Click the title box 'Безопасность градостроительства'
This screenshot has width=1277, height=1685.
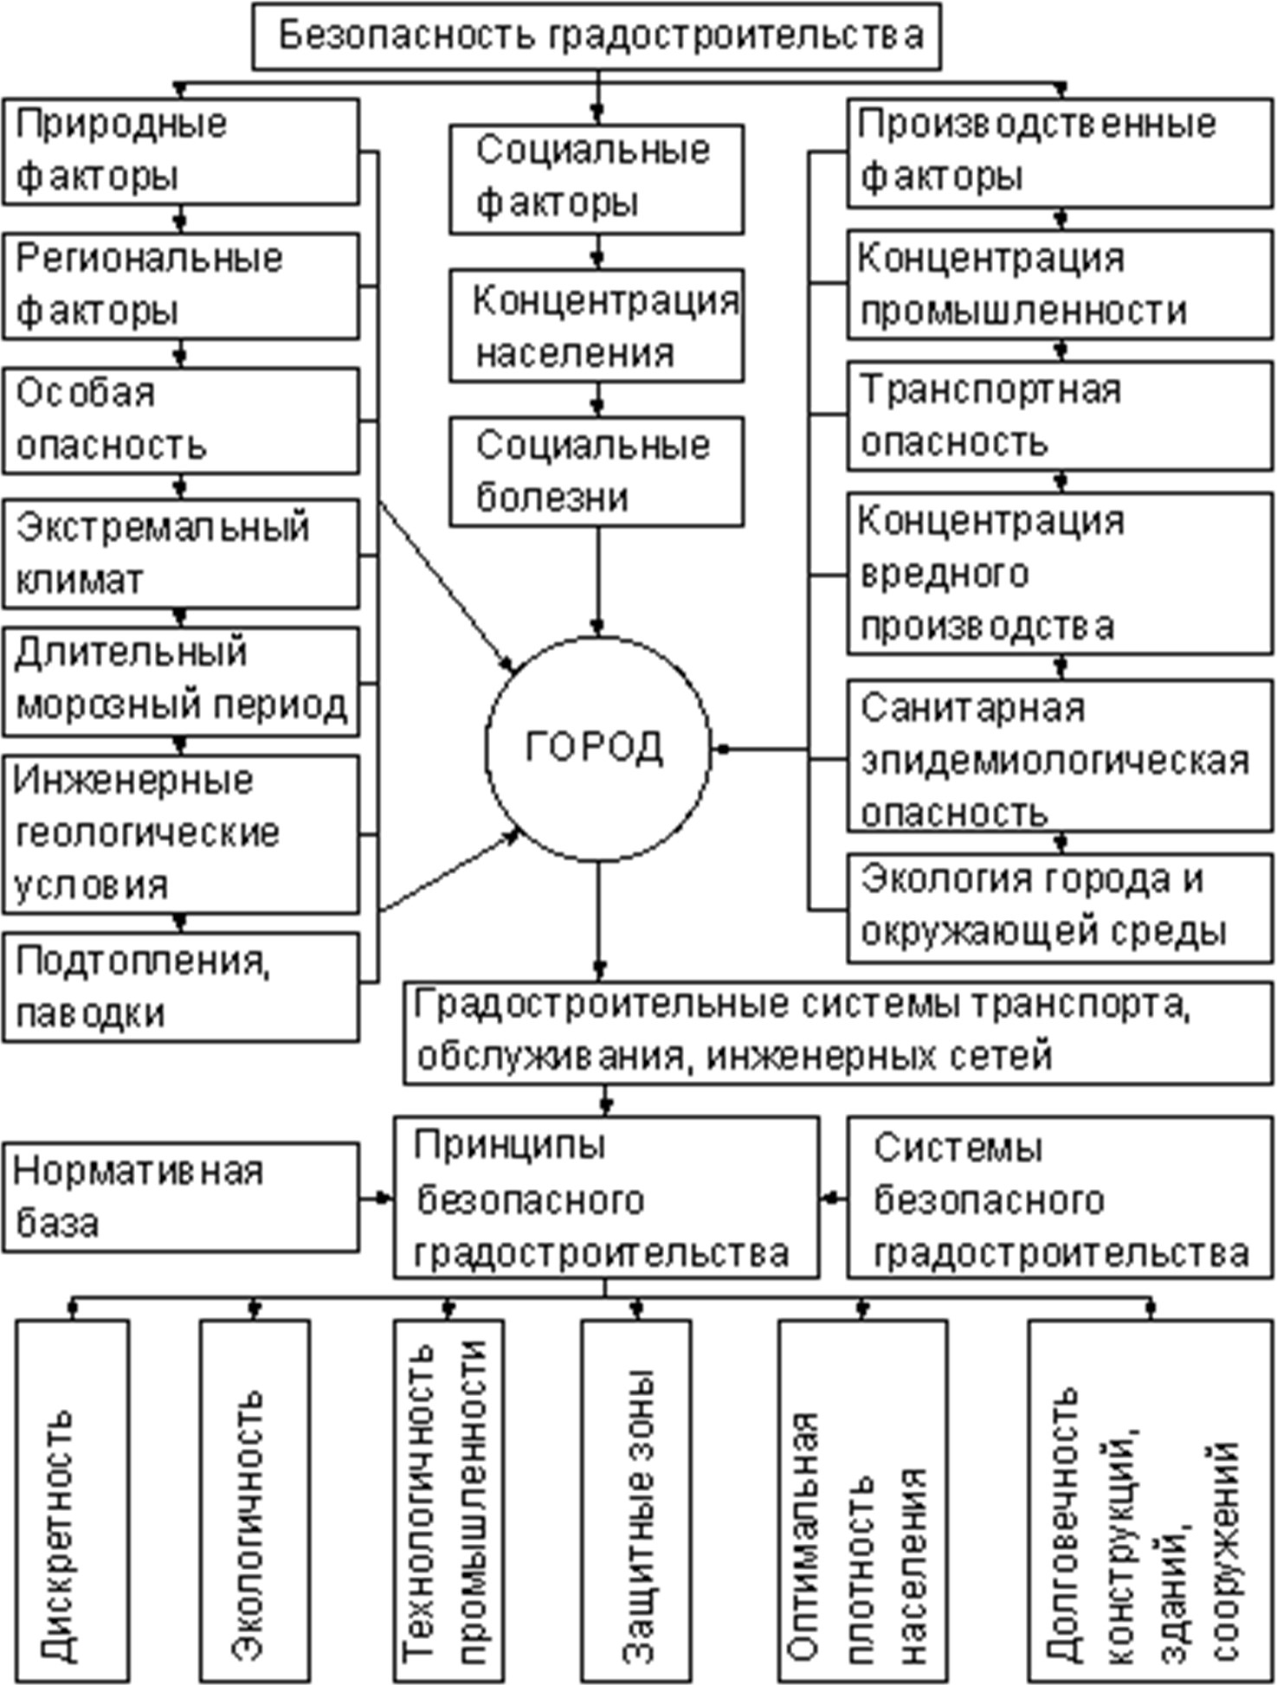coord(596,36)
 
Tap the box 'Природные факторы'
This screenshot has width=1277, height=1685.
coord(180,151)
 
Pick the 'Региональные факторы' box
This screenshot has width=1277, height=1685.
coord(180,286)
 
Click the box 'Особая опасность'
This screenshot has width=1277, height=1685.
coord(180,421)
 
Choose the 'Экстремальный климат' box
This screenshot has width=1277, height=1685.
coord(180,554)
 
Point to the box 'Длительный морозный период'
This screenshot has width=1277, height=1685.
coord(180,682)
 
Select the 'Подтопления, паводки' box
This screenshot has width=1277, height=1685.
coord(180,987)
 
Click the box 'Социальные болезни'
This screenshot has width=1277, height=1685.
coord(596,472)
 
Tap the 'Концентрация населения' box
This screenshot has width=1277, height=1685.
coord(596,326)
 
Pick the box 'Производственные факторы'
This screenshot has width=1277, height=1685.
coord(1059,152)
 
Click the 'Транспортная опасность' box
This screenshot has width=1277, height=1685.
coord(1059,417)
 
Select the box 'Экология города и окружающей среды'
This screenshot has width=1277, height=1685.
coord(1059,907)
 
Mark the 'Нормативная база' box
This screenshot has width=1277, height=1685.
coord(180,1198)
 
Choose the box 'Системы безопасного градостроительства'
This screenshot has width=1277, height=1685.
coord(1059,1198)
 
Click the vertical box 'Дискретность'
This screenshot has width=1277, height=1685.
coord(72,1499)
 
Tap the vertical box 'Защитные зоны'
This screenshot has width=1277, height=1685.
coord(635,1499)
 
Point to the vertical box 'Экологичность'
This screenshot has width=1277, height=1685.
coord(254,1499)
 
